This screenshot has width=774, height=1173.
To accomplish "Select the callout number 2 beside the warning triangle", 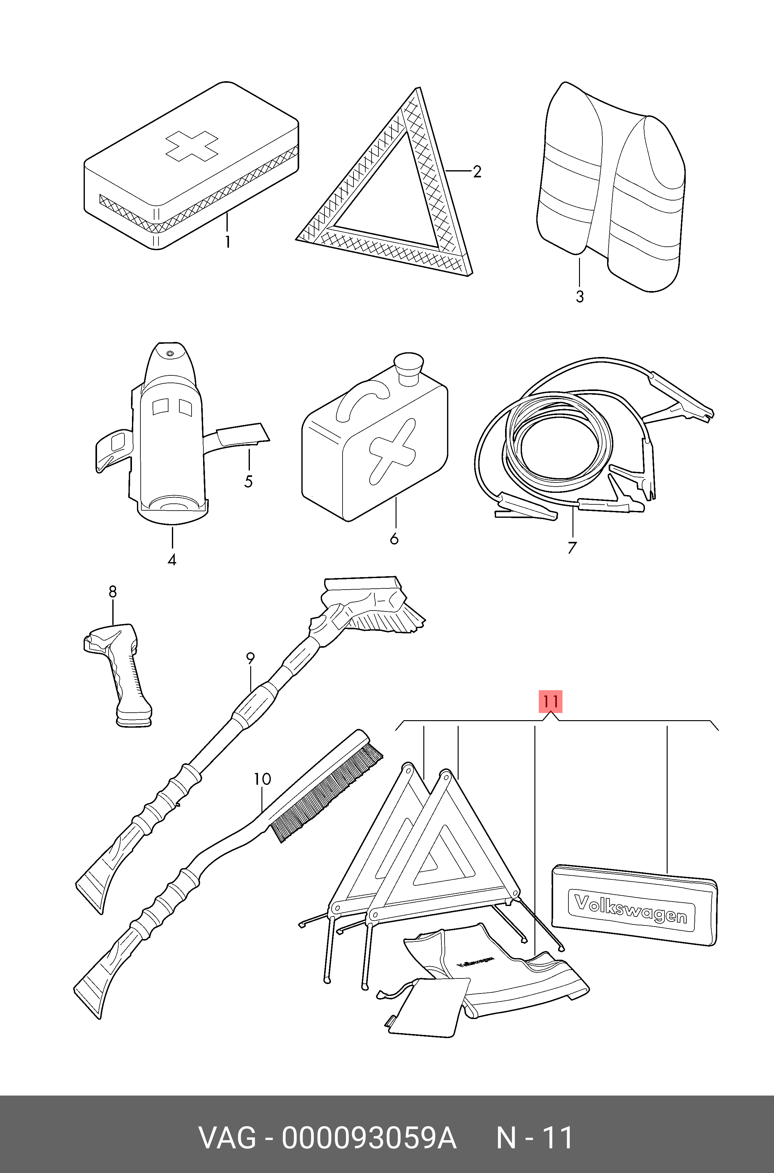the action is [477, 171].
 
